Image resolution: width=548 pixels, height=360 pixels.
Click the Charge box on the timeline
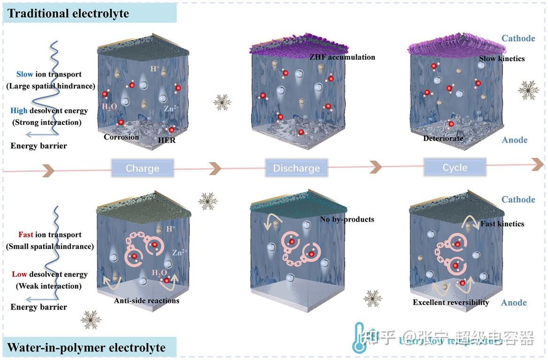coord(142,168)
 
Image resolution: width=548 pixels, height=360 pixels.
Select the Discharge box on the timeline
coord(296,168)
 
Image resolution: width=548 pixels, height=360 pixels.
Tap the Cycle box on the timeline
coord(455,167)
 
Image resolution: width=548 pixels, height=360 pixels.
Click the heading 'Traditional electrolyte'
coord(69,13)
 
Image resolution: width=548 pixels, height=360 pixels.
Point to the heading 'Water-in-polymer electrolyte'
coord(87,347)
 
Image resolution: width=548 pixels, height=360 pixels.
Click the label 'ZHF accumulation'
coord(342,57)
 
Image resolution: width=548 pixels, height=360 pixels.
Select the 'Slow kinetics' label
coord(502,59)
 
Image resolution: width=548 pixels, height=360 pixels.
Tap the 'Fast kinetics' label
coord(502,224)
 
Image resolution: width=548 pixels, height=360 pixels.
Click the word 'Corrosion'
coord(121,137)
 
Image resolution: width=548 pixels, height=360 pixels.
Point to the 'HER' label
coord(167,140)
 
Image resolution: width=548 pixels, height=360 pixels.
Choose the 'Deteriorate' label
coord(443,138)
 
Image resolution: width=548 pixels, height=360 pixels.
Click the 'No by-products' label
coord(347,219)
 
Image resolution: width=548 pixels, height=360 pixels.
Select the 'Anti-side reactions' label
coord(147,300)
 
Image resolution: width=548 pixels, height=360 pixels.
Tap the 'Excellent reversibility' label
coord(451,302)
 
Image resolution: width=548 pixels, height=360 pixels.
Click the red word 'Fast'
coord(25,235)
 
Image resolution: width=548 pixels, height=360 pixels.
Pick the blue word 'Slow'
coord(24,74)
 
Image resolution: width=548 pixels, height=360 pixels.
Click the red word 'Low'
coord(20,274)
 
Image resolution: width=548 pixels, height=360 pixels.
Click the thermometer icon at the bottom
coord(359,337)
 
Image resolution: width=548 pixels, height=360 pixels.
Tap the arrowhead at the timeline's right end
coord(538,164)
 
